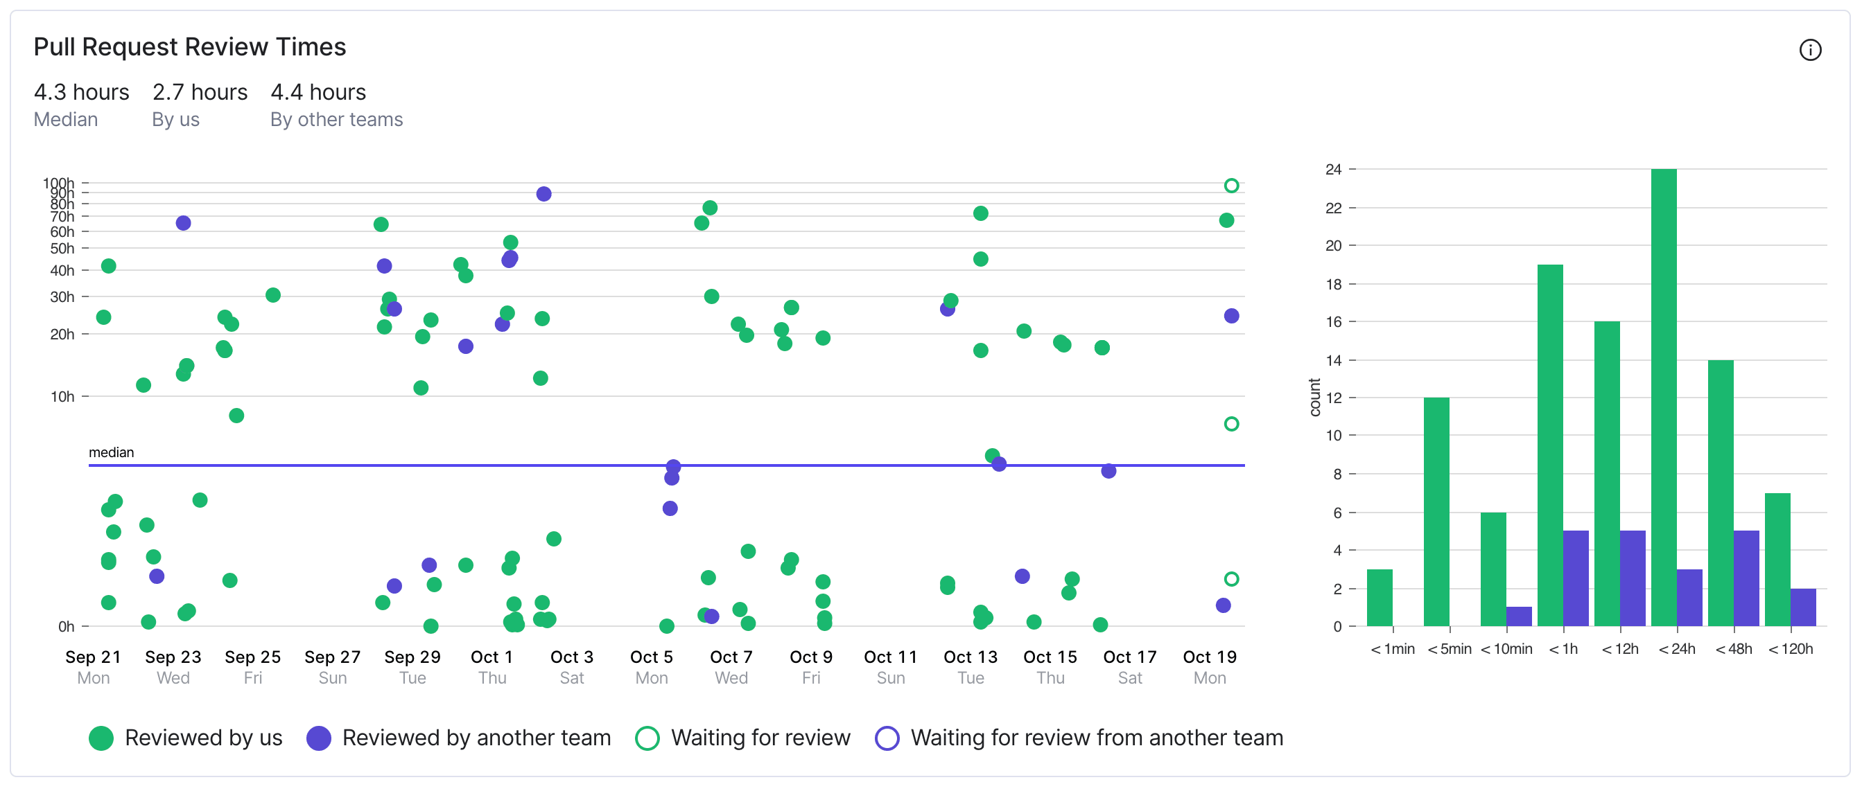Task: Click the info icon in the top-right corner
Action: coord(1809,50)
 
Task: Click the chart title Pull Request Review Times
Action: coord(189,47)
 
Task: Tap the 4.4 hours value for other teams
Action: coord(318,92)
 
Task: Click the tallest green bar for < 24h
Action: coord(1663,398)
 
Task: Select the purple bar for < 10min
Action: coord(1519,616)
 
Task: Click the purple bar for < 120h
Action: coord(1802,607)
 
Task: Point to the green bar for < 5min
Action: coord(1436,511)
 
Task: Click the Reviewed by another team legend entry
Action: coord(459,738)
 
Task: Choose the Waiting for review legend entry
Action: coord(743,738)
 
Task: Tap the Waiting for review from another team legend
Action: coord(1080,738)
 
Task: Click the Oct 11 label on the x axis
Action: coord(891,657)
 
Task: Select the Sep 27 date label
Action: coord(333,657)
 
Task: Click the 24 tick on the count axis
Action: coord(1333,169)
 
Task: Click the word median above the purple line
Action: coord(112,452)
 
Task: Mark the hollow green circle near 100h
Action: coord(1231,186)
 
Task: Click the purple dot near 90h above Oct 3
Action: coord(543,194)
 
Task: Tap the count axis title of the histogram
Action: coord(1315,398)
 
